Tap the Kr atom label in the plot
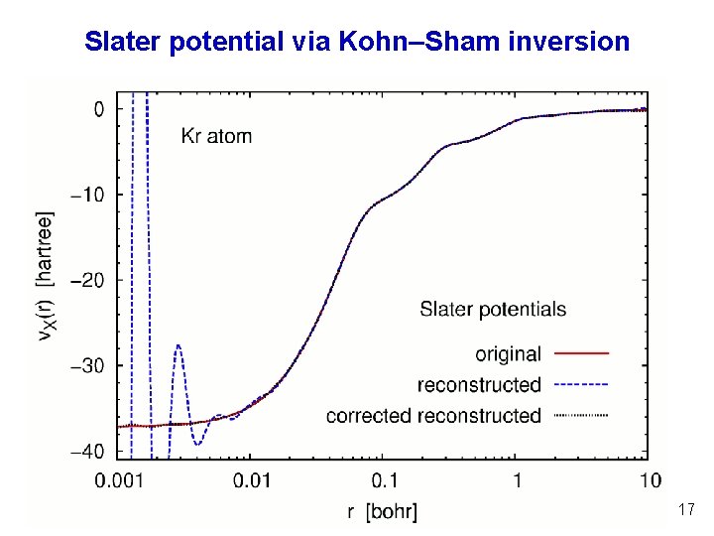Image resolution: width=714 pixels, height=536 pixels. click(216, 136)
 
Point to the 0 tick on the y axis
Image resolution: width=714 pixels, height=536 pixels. click(98, 109)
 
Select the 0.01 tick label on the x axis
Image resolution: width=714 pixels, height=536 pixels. click(251, 481)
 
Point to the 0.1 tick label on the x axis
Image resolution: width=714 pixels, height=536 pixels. click(384, 481)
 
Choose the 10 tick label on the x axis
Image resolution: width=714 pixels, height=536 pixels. click(650, 481)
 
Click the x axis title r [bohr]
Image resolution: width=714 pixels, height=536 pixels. click(383, 512)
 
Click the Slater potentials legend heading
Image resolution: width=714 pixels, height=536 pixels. click(493, 309)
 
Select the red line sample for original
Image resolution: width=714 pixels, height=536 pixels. click(582, 353)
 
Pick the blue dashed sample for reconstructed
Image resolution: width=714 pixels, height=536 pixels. click(582, 384)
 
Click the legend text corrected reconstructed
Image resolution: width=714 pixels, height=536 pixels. click(433, 415)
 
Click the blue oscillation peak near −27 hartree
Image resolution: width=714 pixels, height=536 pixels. click(178, 345)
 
